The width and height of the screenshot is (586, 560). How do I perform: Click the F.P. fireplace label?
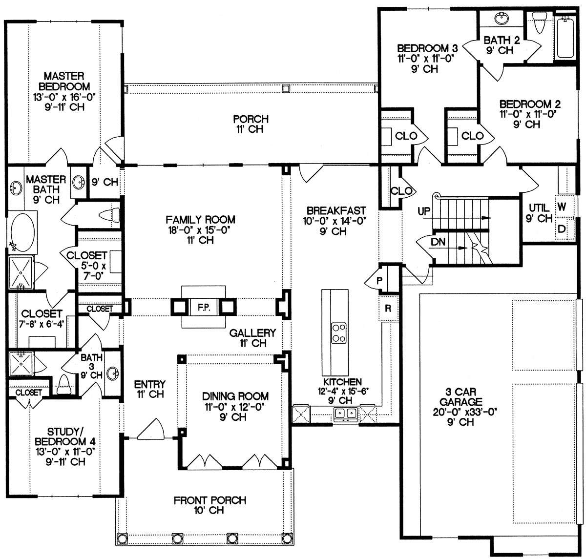(x=204, y=308)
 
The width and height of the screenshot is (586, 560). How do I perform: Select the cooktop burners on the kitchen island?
(x=339, y=333)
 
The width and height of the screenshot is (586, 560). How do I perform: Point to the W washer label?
(x=562, y=207)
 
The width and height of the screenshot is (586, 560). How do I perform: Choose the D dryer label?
(x=562, y=229)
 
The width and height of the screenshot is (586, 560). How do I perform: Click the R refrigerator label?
(x=388, y=308)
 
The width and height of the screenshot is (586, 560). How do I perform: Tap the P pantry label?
(x=379, y=281)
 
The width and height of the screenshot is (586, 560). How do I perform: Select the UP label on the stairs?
(x=424, y=211)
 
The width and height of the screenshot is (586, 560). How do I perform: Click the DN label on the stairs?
(x=438, y=242)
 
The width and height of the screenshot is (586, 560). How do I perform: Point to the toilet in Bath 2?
(x=539, y=22)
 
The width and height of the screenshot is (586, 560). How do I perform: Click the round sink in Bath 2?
(x=502, y=18)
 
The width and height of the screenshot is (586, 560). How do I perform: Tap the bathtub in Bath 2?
(x=565, y=38)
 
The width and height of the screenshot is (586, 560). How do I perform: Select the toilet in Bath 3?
(x=64, y=385)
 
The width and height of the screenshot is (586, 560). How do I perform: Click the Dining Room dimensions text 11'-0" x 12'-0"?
(x=233, y=407)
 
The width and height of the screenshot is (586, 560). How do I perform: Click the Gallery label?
(x=252, y=332)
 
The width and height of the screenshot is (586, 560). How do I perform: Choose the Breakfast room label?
(x=336, y=210)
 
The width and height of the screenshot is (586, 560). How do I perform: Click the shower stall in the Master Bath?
(x=21, y=273)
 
